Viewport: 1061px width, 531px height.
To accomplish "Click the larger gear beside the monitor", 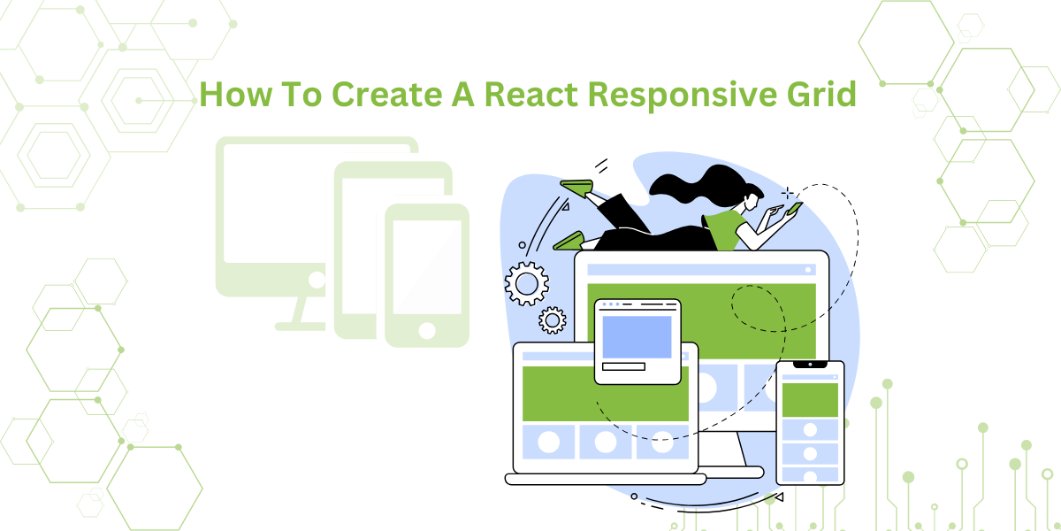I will pyautogui.click(x=526, y=283).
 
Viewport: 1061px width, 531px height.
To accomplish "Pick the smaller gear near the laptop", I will pyautogui.click(x=553, y=319).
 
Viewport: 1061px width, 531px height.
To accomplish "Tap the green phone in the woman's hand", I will pyautogui.click(x=794, y=209).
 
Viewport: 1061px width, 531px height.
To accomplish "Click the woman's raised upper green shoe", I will pyautogui.click(x=577, y=188).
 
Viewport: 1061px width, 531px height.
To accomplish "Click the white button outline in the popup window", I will pyautogui.click(x=623, y=366).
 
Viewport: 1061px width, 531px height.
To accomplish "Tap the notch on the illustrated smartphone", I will pyautogui.click(x=810, y=365).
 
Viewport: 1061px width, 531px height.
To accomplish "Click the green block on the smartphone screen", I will pyautogui.click(x=810, y=399).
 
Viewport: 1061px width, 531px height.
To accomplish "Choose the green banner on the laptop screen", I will pyautogui.click(x=606, y=393).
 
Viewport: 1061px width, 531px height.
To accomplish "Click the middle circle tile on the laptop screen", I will pyautogui.click(x=606, y=442).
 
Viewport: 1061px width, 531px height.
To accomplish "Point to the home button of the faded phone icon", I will pyautogui.click(x=427, y=331).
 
